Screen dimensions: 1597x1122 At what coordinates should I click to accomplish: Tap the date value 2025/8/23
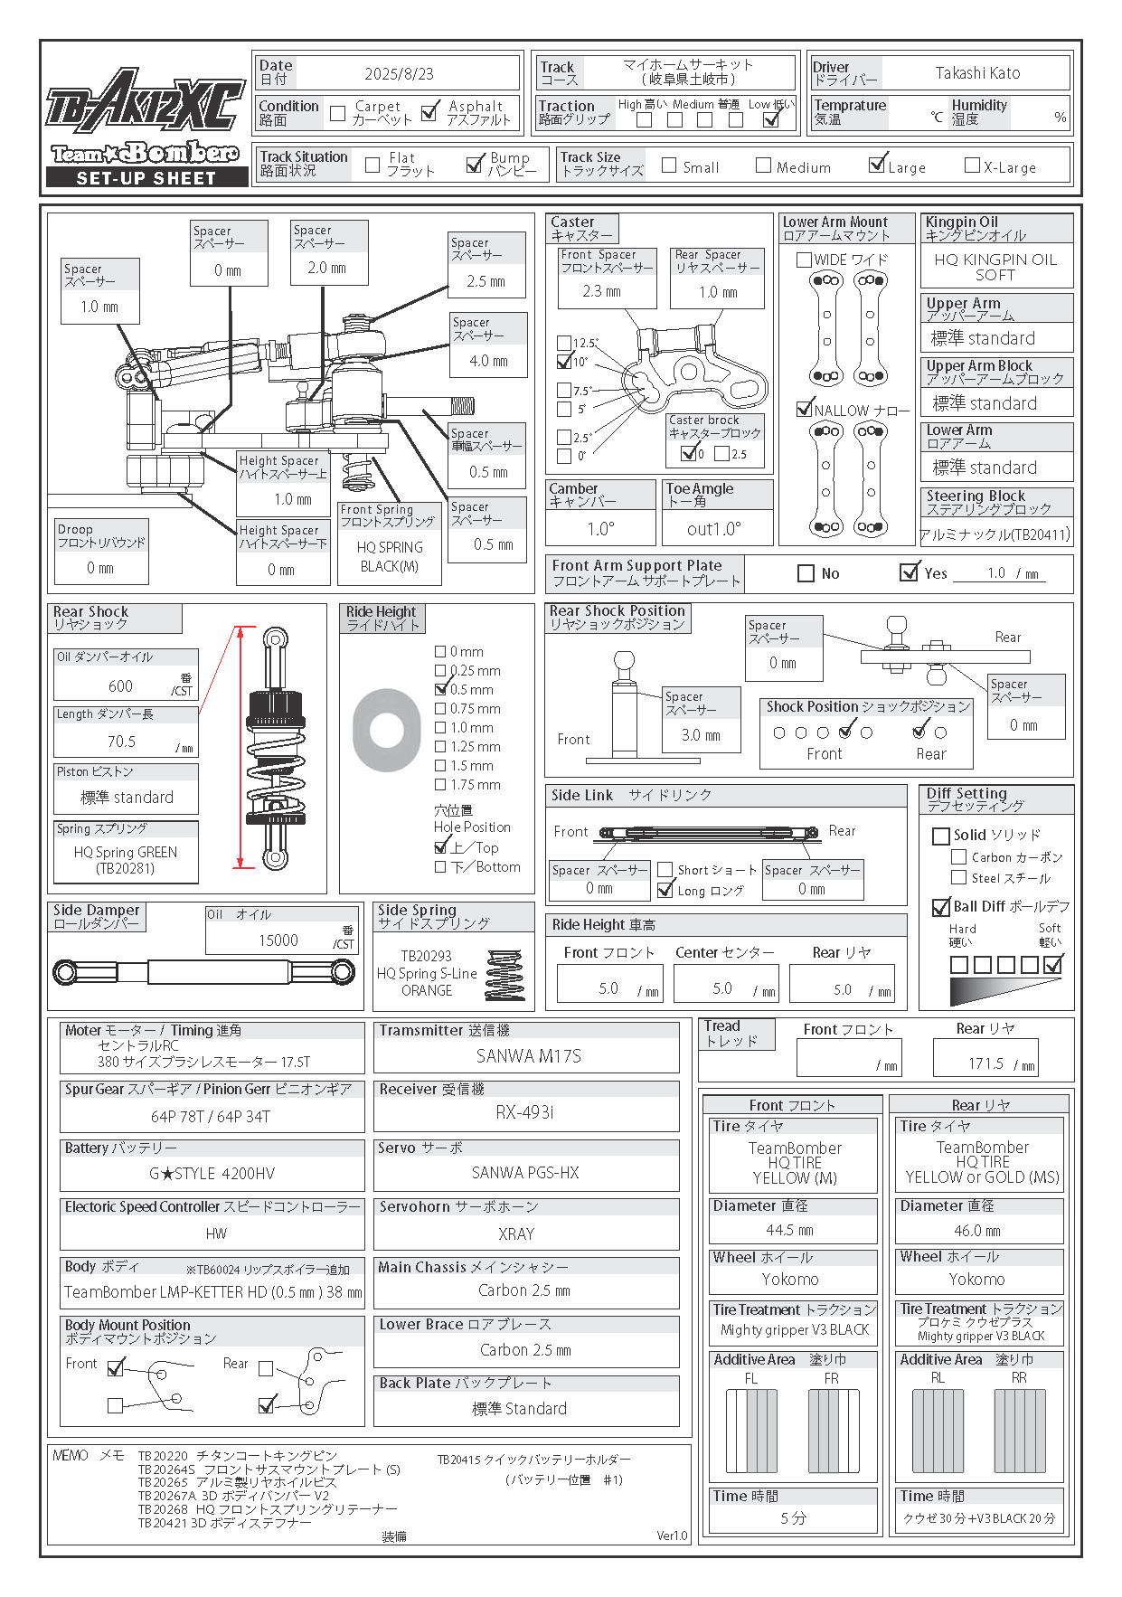tap(399, 74)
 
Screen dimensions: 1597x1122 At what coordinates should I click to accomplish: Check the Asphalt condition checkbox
tap(430, 111)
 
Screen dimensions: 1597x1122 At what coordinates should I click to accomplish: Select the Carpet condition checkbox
tap(338, 113)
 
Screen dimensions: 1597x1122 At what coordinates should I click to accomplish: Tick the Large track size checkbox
tap(876, 165)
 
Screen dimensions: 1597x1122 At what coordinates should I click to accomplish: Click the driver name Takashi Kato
tap(977, 73)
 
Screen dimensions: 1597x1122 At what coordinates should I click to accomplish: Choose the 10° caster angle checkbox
tap(564, 363)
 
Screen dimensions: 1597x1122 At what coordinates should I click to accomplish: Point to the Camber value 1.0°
tap(600, 529)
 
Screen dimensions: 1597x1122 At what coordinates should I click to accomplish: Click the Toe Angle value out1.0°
tap(714, 529)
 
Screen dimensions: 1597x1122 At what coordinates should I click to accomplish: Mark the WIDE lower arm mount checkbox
tap(804, 260)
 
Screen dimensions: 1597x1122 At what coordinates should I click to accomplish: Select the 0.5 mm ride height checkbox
tap(441, 689)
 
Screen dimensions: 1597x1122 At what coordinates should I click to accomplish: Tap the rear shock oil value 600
tap(120, 686)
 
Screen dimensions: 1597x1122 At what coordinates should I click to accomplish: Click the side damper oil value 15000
tap(278, 940)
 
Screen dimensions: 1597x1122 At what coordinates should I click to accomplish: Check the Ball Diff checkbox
tap(940, 907)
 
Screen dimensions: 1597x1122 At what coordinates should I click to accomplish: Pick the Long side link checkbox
tap(666, 891)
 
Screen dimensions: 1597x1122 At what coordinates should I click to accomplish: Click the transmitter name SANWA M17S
tap(528, 1056)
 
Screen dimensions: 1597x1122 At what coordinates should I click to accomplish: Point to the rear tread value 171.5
tap(985, 1064)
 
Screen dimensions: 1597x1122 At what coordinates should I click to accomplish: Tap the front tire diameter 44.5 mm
tap(789, 1231)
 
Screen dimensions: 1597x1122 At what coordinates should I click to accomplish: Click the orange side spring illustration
tap(504, 974)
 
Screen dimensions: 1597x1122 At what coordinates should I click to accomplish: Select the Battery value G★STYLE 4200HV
tap(212, 1174)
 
